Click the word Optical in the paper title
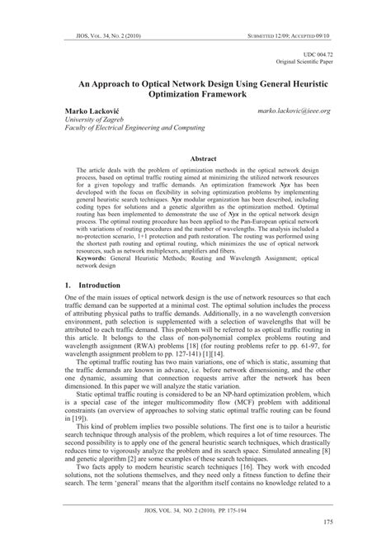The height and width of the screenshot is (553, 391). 166,83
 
